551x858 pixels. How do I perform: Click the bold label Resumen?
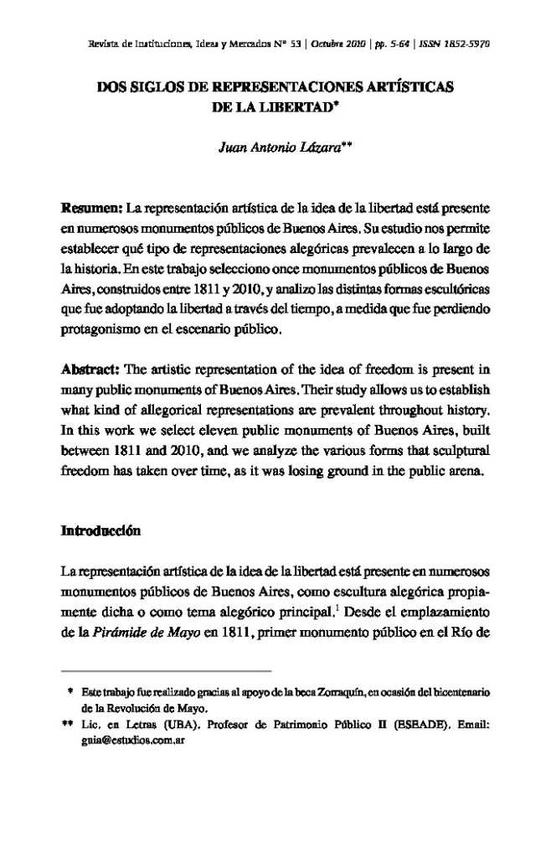click(91, 206)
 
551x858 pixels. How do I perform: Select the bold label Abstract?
click(92, 370)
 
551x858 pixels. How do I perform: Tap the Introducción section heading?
click(101, 531)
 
